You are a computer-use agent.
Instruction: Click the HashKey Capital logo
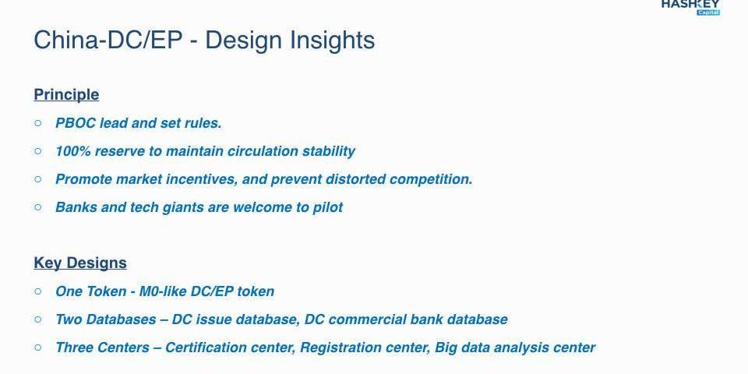[690, 7]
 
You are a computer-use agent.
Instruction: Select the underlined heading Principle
[66, 94]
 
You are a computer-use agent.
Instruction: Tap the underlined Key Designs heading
[80, 263]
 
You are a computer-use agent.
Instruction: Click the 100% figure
[73, 151]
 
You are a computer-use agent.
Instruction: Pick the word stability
[329, 152]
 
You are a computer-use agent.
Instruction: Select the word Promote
[83, 179]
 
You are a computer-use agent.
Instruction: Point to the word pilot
[328, 208]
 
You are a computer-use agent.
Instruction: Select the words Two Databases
[105, 319]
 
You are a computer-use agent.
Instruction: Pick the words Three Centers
[102, 348]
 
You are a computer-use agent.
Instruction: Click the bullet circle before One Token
[38, 291]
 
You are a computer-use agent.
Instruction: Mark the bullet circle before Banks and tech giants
[38, 207]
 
